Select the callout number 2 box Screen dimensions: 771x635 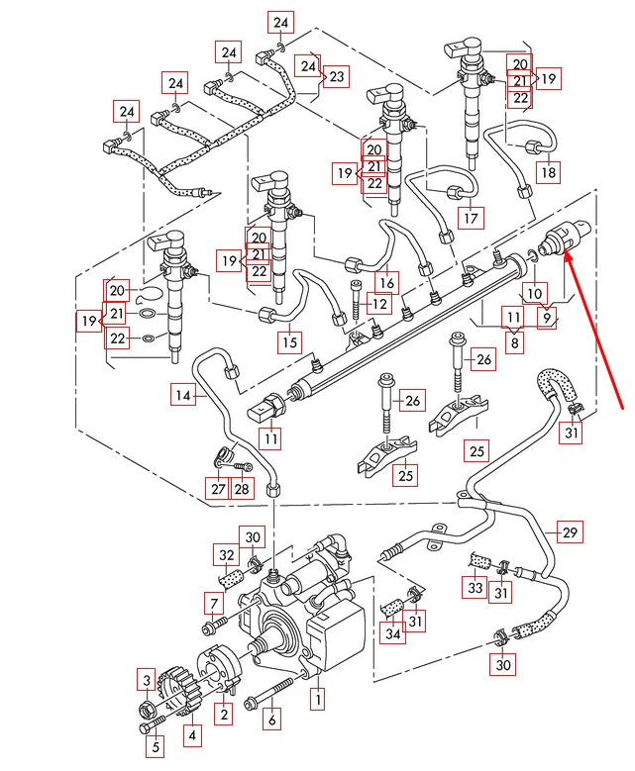[x=225, y=714]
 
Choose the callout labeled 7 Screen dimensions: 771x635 [x=213, y=603]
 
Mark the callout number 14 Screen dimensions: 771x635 [x=183, y=396]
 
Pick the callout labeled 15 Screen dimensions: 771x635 [x=288, y=342]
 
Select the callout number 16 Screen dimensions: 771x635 [x=386, y=283]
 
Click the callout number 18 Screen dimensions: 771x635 [x=548, y=172]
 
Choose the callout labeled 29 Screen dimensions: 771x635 [x=569, y=532]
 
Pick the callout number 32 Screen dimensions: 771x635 [x=227, y=554]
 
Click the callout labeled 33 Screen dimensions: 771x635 [x=476, y=588]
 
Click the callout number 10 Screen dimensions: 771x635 [x=534, y=293]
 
